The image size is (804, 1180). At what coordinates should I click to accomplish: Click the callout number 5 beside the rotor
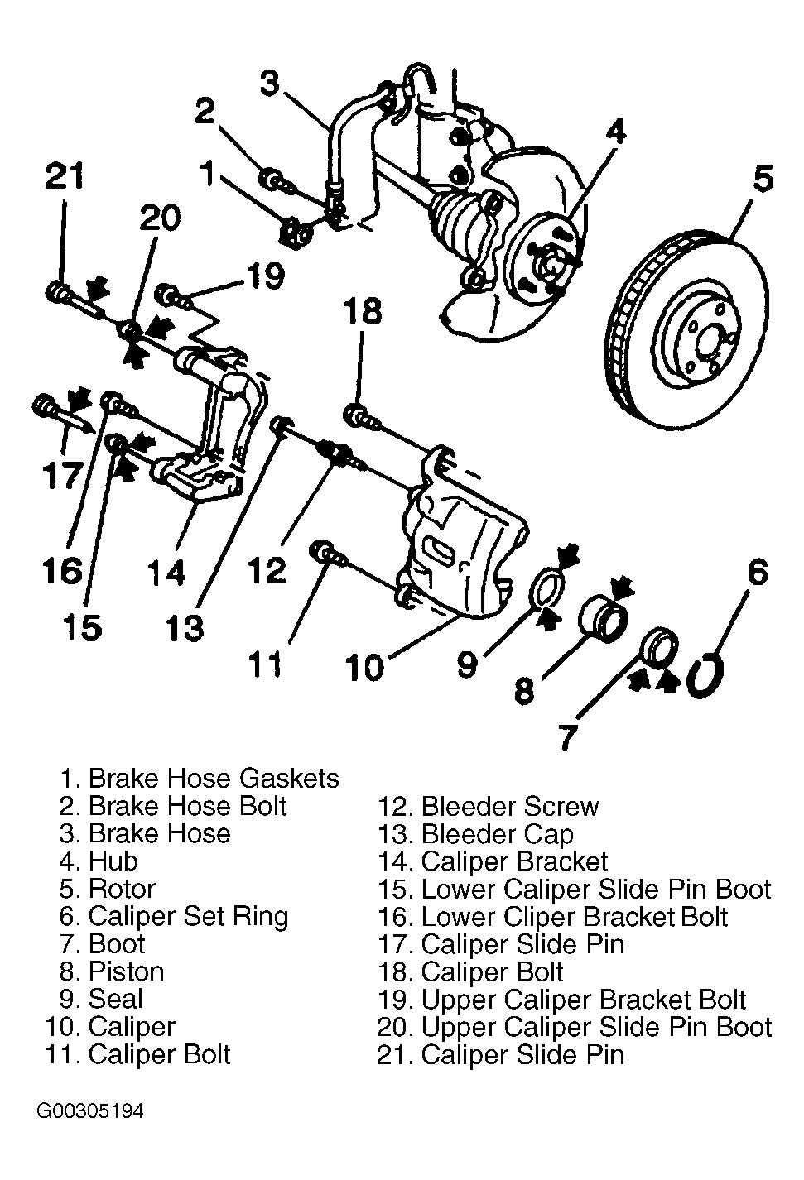click(763, 178)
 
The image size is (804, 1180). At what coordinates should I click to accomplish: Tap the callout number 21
click(65, 175)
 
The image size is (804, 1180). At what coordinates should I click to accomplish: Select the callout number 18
click(363, 310)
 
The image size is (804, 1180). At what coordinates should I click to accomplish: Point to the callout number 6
click(757, 572)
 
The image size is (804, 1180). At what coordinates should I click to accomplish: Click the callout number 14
click(166, 572)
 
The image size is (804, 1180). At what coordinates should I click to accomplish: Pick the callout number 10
click(365, 668)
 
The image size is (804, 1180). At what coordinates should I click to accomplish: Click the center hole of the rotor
click(708, 343)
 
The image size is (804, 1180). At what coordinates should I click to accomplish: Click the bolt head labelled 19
click(167, 294)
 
